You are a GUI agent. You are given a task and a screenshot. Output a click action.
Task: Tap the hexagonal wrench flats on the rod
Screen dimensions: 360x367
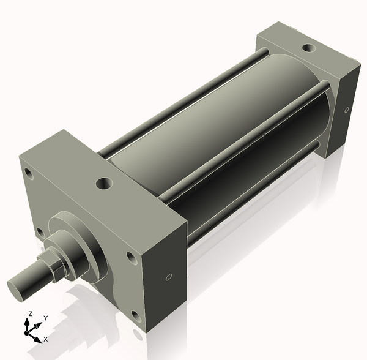click(53, 264)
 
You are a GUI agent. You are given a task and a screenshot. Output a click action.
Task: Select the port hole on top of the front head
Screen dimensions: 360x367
click(103, 182)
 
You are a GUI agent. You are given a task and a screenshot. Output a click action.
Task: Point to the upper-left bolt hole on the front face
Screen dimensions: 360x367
click(28, 173)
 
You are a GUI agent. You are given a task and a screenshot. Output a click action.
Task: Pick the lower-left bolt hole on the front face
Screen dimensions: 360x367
click(40, 232)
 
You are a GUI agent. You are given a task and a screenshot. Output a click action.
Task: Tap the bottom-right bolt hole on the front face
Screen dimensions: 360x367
click(136, 316)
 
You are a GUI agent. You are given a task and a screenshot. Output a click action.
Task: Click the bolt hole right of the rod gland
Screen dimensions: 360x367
click(131, 258)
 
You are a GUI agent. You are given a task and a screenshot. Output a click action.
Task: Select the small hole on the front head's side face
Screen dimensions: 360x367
click(169, 277)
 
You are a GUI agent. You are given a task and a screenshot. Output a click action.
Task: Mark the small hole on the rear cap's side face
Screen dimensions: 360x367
click(347, 111)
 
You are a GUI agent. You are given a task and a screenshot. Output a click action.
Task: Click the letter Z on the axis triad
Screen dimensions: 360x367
click(30, 314)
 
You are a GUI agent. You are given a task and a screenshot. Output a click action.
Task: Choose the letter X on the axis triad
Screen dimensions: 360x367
click(46, 339)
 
